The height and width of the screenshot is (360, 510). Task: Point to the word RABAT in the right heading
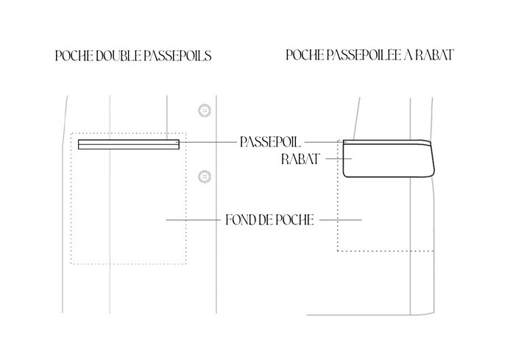point(433,55)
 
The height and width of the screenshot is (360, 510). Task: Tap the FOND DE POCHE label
point(269,219)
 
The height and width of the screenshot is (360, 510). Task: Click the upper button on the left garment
point(204,110)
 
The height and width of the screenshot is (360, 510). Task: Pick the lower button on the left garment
point(204,176)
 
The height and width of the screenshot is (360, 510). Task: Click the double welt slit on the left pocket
point(129,144)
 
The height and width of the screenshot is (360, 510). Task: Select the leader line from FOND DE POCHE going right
point(339,219)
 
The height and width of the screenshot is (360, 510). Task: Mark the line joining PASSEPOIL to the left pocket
point(209,141)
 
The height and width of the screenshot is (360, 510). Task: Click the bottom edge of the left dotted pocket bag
point(128,264)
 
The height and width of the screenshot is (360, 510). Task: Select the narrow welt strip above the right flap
point(386,141)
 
